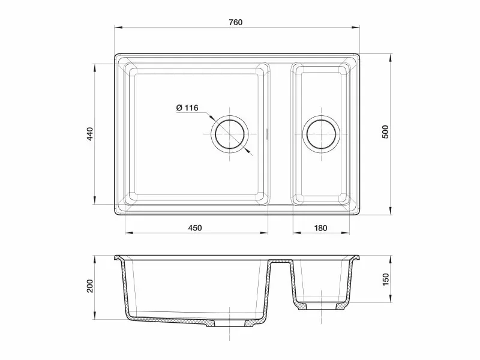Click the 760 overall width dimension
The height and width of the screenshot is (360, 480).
(x=235, y=22)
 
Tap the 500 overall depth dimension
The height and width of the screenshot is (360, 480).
(x=385, y=132)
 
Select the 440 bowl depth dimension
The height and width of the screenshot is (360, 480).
(x=89, y=134)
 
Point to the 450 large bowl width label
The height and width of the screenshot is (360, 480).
(x=195, y=228)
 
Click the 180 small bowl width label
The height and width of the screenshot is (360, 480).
(x=320, y=228)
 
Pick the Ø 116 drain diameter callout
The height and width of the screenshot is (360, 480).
(x=187, y=108)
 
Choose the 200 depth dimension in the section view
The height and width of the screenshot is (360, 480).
(x=89, y=286)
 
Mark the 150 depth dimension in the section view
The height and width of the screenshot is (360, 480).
(x=385, y=280)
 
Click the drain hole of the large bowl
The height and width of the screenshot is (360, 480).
(x=230, y=134)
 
